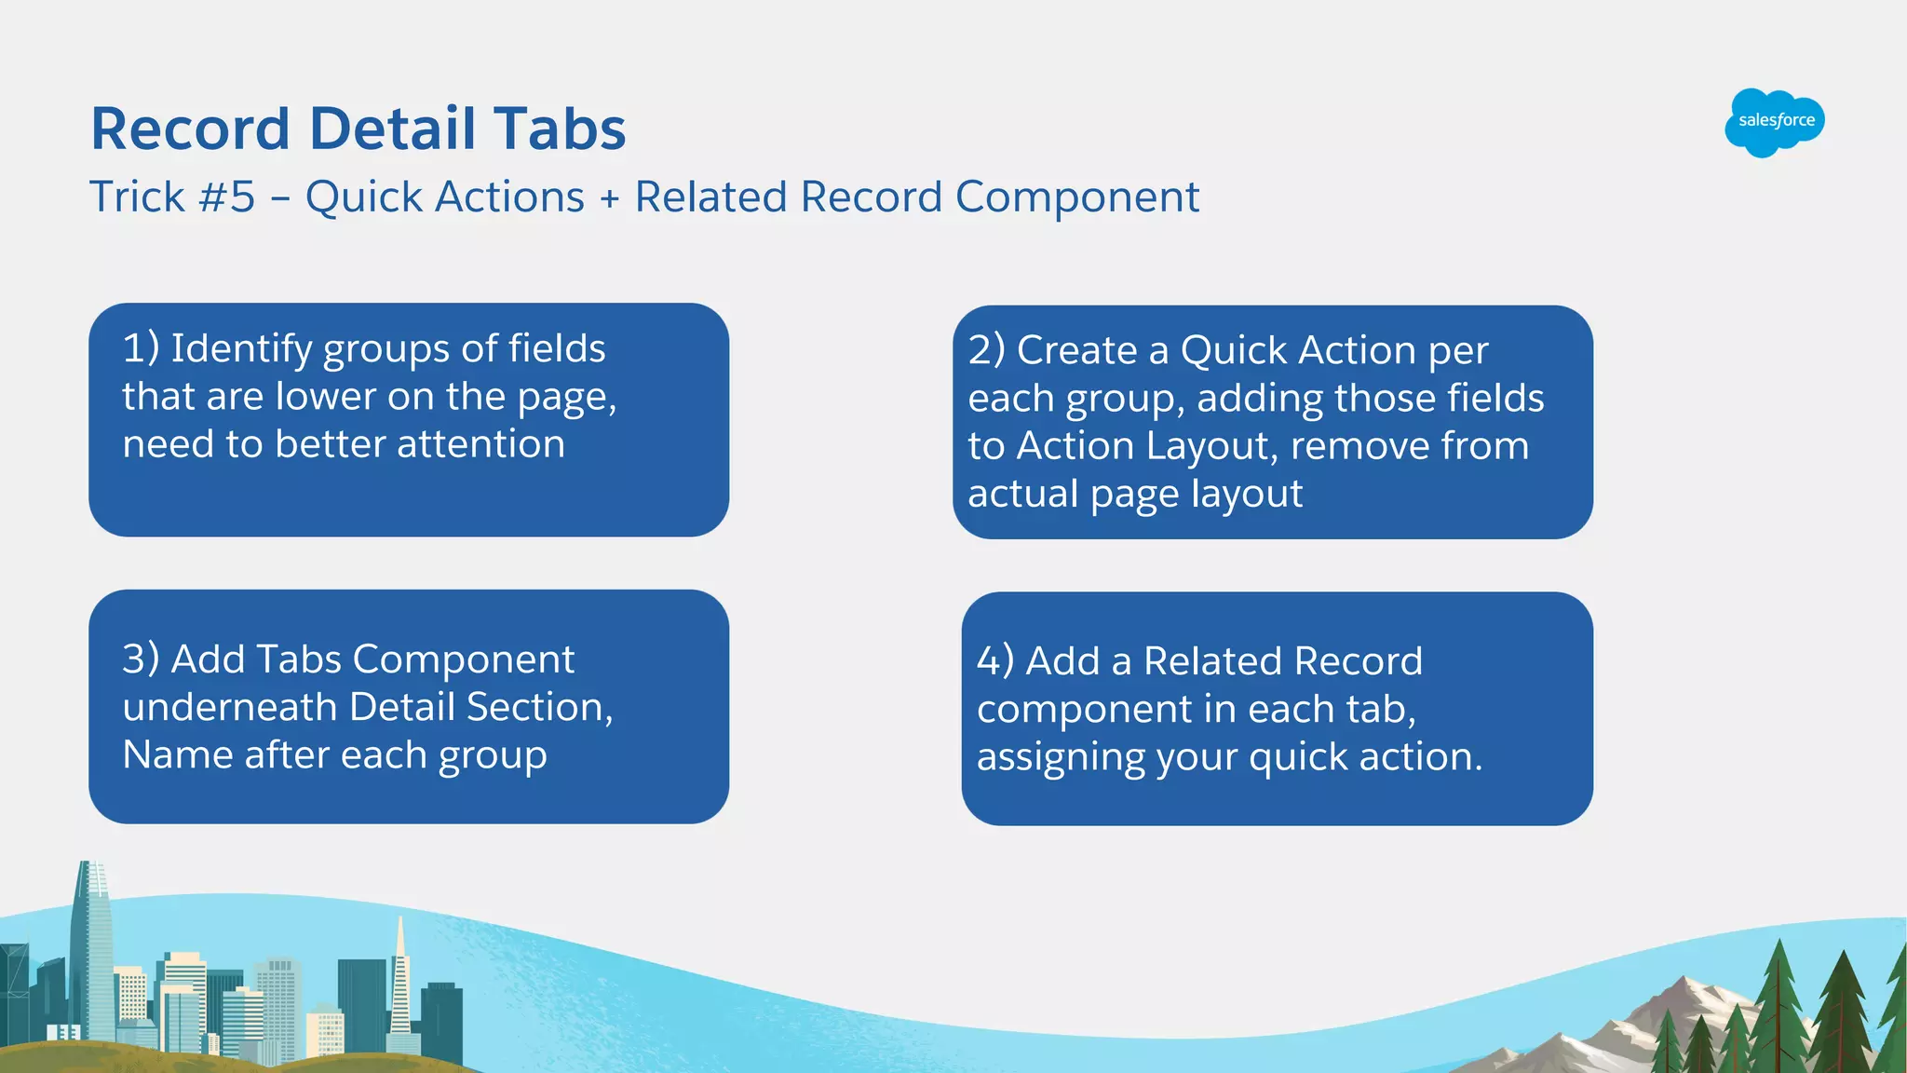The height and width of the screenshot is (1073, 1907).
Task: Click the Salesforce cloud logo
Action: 1775,122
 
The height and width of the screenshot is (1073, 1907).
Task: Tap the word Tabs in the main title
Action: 560,129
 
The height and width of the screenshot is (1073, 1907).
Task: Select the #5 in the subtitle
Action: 227,197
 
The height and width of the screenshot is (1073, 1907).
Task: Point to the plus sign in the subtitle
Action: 610,198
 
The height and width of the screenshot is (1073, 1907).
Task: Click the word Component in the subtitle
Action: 1077,198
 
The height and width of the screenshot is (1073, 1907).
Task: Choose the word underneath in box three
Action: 229,707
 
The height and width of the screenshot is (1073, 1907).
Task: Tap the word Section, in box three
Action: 540,707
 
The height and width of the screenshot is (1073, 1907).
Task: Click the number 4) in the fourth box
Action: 995,661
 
